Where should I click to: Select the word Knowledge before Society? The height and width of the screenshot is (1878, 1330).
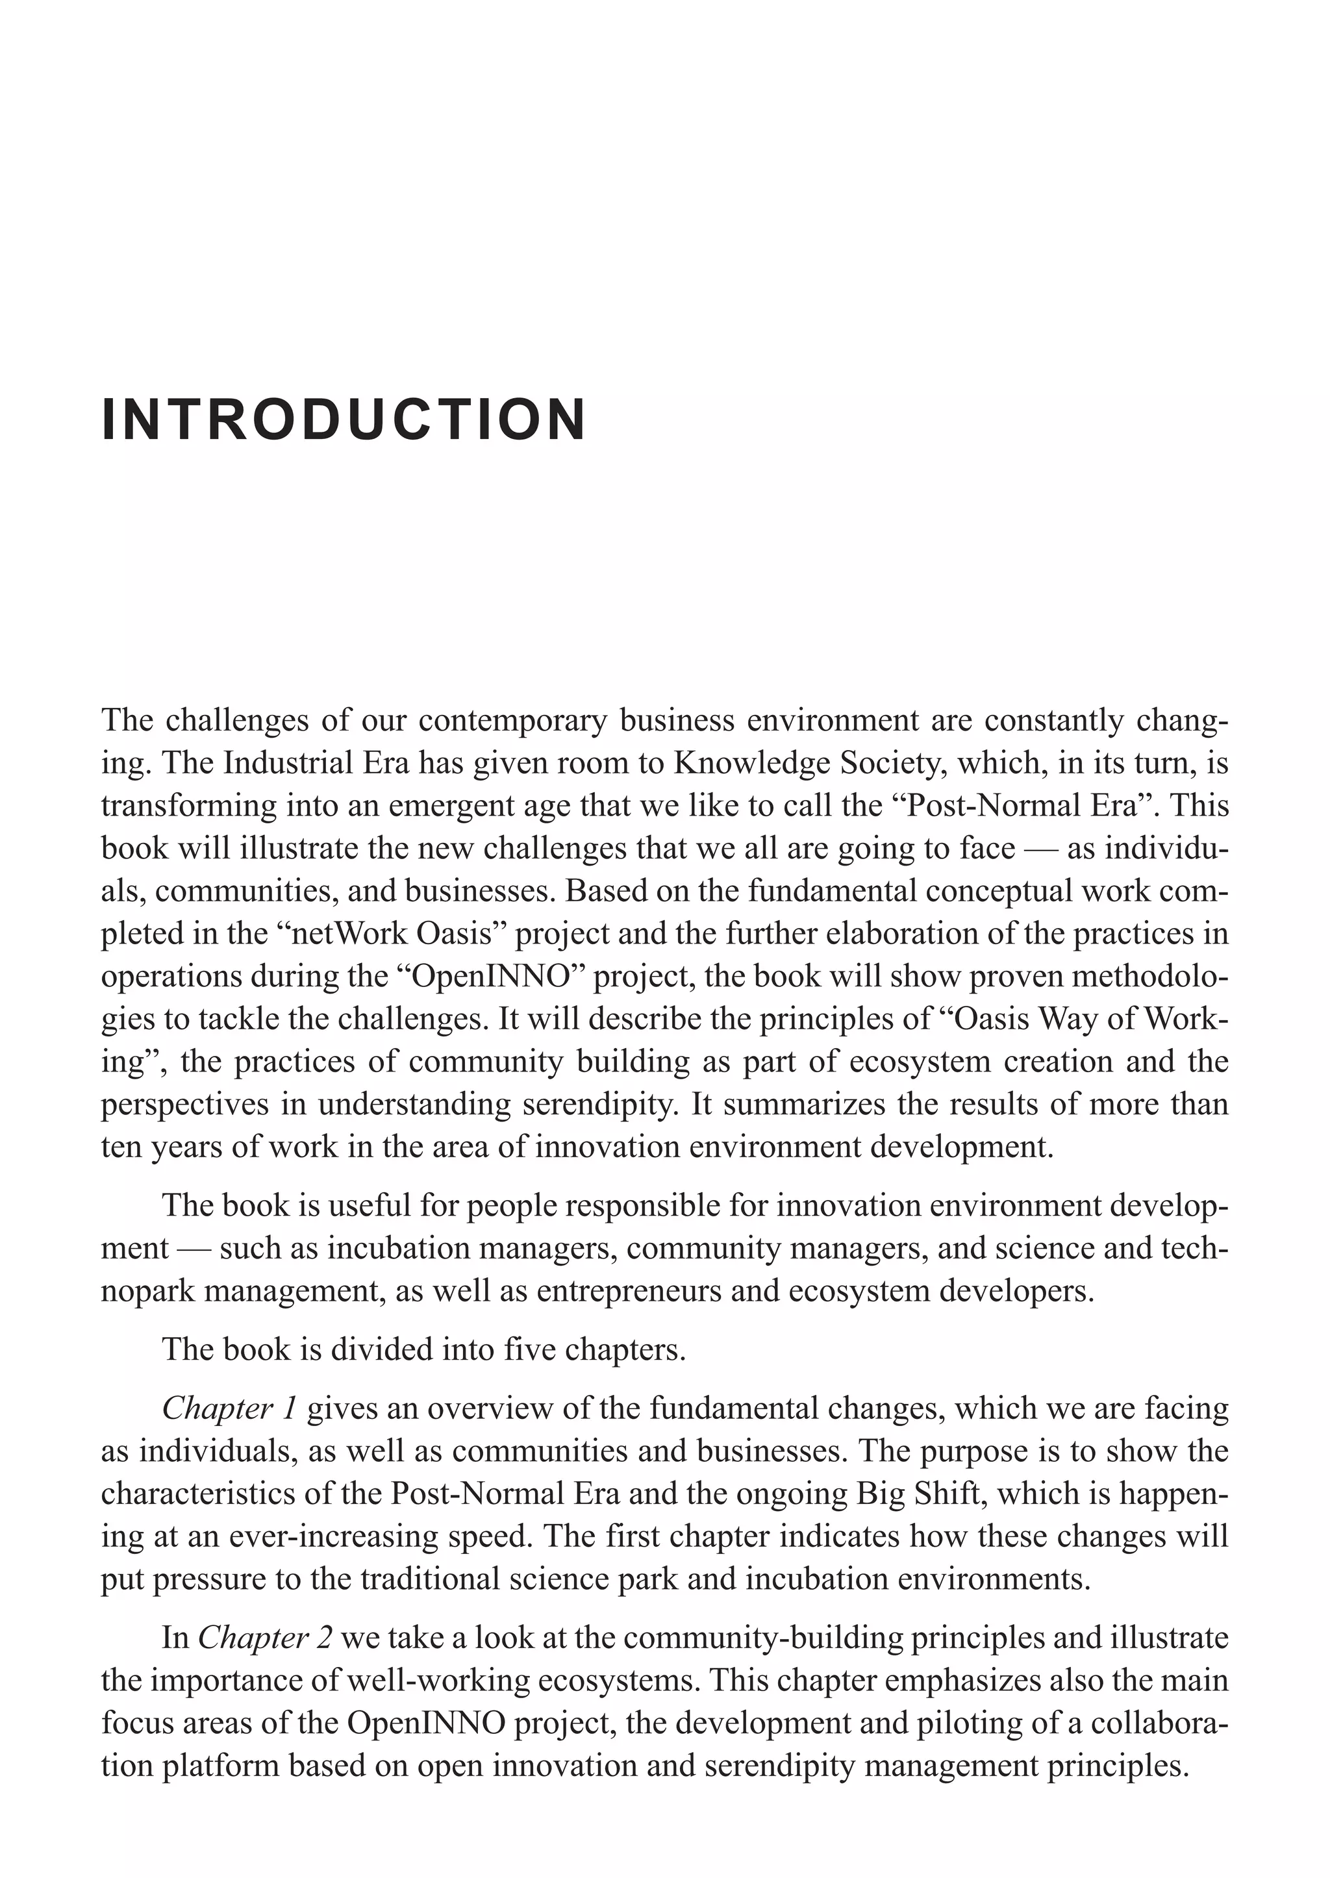(743, 763)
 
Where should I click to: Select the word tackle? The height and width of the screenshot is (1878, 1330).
(212, 1019)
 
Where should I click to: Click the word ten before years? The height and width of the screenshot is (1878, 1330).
(118, 1147)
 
